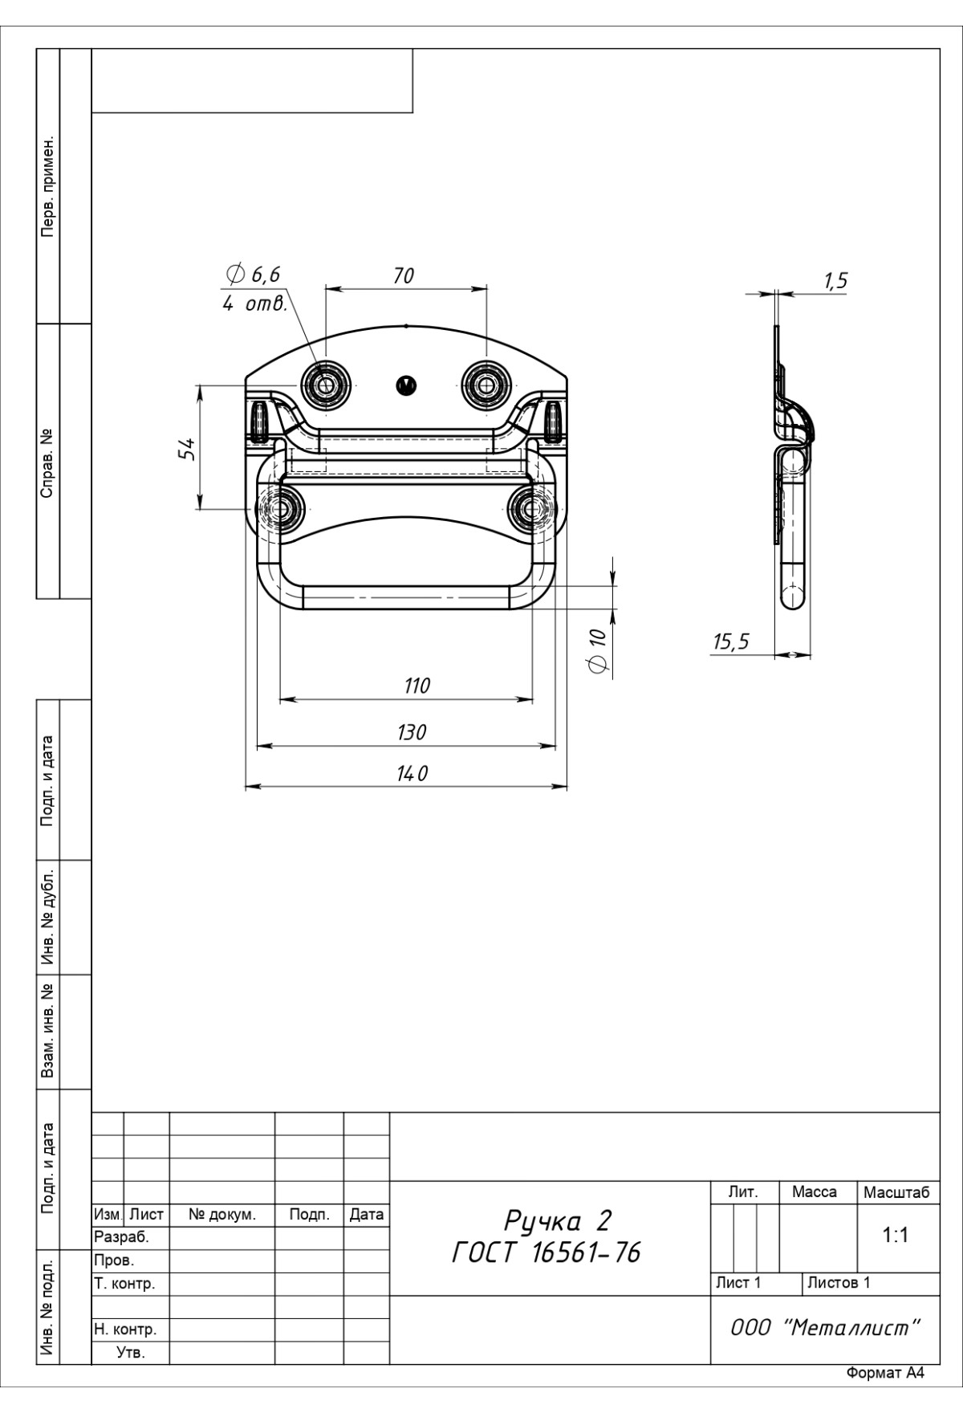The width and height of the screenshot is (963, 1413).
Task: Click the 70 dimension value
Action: coord(404,275)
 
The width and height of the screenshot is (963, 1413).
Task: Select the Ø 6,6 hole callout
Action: coord(254,274)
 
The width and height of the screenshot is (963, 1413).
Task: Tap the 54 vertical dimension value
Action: coord(187,448)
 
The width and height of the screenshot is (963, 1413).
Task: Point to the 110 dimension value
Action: coord(416,686)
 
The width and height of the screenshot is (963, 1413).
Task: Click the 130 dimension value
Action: coord(412,732)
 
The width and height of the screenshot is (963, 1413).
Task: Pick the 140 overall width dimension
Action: coord(413,773)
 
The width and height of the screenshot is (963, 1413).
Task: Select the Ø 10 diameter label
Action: coord(596,651)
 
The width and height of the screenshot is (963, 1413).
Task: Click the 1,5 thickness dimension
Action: coord(835,281)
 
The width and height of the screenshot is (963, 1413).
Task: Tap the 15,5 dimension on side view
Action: coord(730,641)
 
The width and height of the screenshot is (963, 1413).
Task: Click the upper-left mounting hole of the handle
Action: coord(325,385)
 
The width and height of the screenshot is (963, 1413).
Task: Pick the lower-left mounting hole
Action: coord(280,509)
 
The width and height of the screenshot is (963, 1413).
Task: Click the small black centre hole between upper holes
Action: coord(406,385)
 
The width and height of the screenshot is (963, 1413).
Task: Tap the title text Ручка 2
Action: coord(558,1221)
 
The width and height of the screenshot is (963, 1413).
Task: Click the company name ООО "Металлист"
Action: coord(825,1327)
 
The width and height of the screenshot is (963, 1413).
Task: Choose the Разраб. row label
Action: coord(122,1238)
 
